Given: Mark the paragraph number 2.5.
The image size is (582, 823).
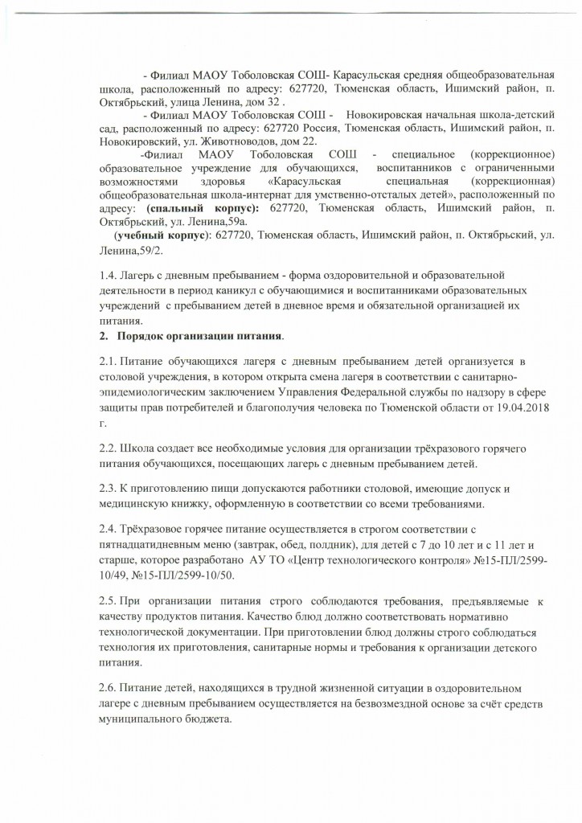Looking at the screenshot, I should point(106,604).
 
